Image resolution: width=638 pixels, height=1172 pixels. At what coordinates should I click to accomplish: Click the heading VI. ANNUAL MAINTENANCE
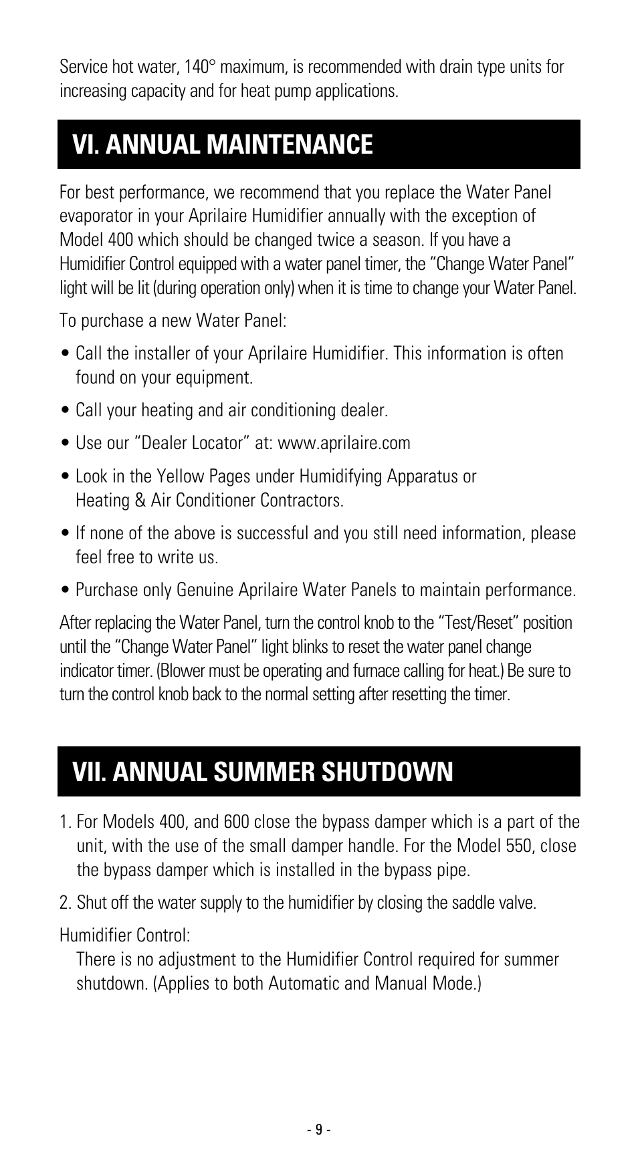pos(223,144)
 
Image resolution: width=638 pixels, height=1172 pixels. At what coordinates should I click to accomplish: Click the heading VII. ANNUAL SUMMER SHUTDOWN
pos(263,772)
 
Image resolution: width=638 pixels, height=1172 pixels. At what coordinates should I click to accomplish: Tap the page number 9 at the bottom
pos(319,1129)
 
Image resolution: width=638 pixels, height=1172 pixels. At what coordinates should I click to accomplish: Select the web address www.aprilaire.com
pos(344,443)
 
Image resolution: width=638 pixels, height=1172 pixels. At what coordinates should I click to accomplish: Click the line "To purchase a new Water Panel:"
pos(173,321)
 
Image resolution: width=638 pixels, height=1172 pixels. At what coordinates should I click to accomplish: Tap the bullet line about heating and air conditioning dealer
pos(231,410)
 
